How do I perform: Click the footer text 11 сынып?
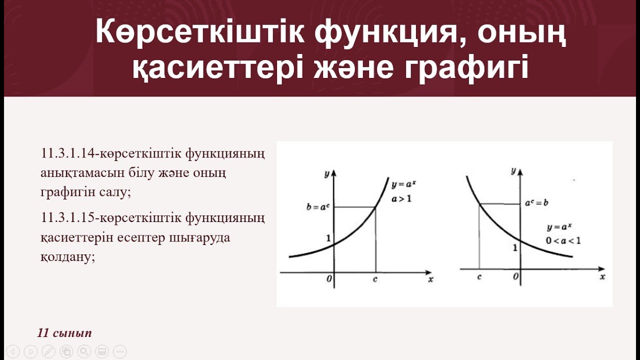click(64, 333)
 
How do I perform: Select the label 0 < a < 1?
click(563, 240)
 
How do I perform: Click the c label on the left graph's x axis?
click(375, 279)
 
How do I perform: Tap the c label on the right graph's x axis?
click(479, 276)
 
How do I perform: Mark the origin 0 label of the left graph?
click(329, 279)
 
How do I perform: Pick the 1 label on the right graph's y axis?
click(515, 247)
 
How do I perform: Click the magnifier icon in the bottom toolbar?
click(84, 351)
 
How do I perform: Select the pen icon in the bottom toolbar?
click(48, 351)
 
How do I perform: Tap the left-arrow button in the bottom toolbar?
click(12, 351)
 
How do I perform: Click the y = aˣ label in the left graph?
click(404, 184)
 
